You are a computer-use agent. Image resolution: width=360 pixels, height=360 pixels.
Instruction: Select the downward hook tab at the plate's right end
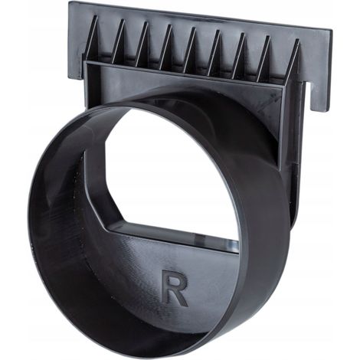tap(319, 97)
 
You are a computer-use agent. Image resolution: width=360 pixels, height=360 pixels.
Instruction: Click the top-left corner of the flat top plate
tap(69, 2)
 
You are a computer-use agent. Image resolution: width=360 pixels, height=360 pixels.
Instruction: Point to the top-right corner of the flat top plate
tap(332, 30)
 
